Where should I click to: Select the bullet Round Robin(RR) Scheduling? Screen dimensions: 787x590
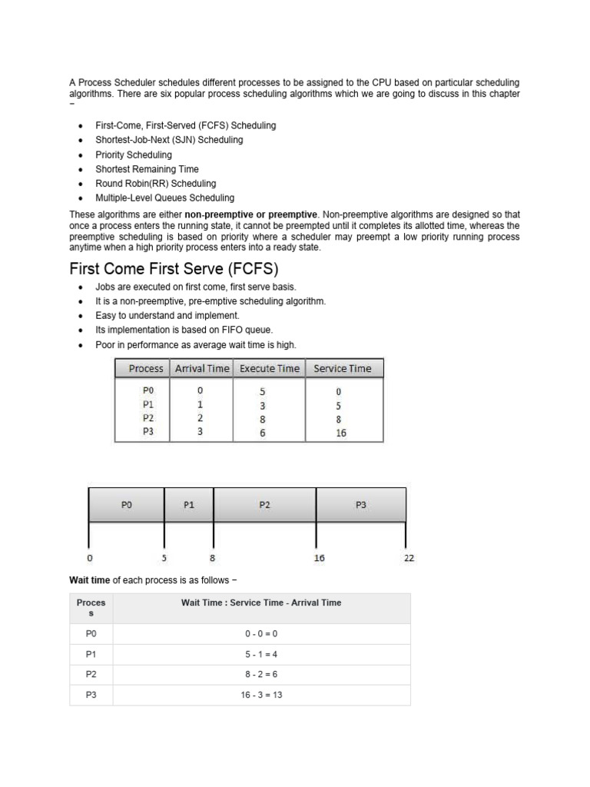coord(155,184)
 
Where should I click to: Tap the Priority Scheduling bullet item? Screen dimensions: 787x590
coord(134,154)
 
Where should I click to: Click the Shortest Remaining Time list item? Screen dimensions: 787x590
coord(147,169)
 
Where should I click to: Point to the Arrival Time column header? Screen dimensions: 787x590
coord(202,369)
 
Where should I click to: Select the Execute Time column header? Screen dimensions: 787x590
coord(269,369)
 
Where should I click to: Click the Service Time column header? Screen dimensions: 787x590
coord(342,369)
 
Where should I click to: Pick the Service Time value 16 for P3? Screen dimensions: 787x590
coord(340,433)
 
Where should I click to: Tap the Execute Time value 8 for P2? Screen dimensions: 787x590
coord(263,420)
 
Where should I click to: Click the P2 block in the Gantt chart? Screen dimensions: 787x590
coord(264,505)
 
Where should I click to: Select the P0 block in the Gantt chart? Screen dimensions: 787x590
coord(127,505)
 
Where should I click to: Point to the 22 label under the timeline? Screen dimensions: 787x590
coord(409,558)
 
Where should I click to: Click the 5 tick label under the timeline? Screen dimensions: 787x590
coord(164,558)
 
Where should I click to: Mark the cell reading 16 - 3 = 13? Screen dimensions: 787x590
coord(261,696)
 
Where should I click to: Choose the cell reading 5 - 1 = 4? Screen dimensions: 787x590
coord(261,654)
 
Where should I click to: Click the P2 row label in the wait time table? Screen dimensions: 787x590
coord(91,675)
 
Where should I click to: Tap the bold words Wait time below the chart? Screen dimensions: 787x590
coord(90,578)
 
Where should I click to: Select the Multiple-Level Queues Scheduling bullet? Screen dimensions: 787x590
coord(164,198)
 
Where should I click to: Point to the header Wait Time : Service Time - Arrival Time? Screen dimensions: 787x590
coord(261,603)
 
